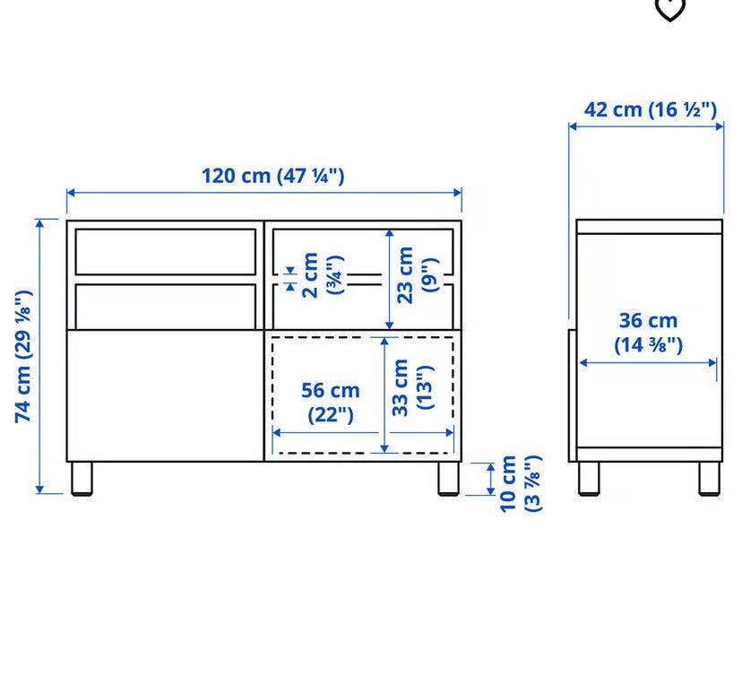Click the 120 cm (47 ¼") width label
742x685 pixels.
(x=273, y=176)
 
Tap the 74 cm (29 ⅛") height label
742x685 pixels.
(x=23, y=356)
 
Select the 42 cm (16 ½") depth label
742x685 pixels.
(x=651, y=109)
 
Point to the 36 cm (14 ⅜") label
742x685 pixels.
(x=648, y=333)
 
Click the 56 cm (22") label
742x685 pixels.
(x=331, y=403)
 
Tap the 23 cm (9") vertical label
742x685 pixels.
(x=418, y=275)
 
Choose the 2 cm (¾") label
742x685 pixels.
(x=323, y=275)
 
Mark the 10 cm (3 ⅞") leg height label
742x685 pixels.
(x=521, y=483)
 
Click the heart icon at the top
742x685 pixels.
(x=669, y=9)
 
